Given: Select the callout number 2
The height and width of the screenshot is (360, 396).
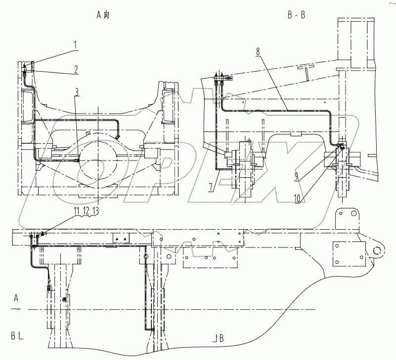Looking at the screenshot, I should pos(76,70).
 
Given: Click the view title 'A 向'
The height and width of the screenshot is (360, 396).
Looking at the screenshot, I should pos(103,15).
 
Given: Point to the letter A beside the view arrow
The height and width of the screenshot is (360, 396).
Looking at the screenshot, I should pos(16,298).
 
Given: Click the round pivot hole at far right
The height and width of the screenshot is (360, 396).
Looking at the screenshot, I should pos(377,250).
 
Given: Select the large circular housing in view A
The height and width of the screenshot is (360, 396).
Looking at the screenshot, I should pos(98,161).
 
